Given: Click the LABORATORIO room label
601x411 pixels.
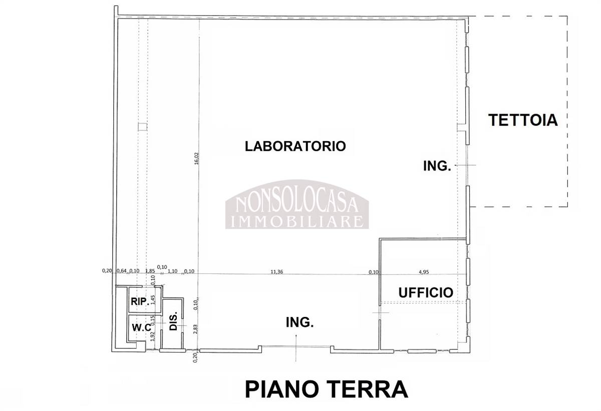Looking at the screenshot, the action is pyautogui.click(x=295, y=146).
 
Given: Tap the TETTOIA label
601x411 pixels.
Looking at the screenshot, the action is pyautogui.click(x=523, y=120).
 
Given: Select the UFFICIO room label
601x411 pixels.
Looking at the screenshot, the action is pyautogui.click(x=426, y=292).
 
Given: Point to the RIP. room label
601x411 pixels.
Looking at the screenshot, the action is pyautogui.click(x=140, y=301).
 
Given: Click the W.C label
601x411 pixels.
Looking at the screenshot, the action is pyautogui.click(x=141, y=327).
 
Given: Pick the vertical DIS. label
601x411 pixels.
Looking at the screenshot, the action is pyautogui.click(x=173, y=321).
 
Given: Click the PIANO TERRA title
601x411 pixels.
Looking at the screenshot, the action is pyautogui.click(x=326, y=389).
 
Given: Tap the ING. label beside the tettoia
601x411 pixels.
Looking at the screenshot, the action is pyautogui.click(x=437, y=166).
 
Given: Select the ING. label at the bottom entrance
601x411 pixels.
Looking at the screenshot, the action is pyautogui.click(x=299, y=322).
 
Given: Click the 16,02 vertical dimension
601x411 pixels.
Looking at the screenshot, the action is pyautogui.click(x=197, y=158).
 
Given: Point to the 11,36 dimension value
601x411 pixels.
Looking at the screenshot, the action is pyautogui.click(x=276, y=272).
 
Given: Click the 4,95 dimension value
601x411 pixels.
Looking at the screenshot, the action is pyautogui.click(x=424, y=272).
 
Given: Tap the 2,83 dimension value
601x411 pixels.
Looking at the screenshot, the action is pyautogui.click(x=195, y=329).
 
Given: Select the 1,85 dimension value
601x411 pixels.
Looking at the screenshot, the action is pyautogui.click(x=150, y=271).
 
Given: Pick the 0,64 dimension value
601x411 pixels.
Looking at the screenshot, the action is pyautogui.click(x=122, y=271).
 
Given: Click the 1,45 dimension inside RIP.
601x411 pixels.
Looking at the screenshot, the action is pyautogui.click(x=153, y=299).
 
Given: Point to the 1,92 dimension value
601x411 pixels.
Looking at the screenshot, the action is pyautogui.click(x=153, y=336).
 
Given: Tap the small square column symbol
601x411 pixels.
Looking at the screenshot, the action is pyautogui.click(x=142, y=127).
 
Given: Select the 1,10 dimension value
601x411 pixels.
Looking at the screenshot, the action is pyautogui.click(x=172, y=271).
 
